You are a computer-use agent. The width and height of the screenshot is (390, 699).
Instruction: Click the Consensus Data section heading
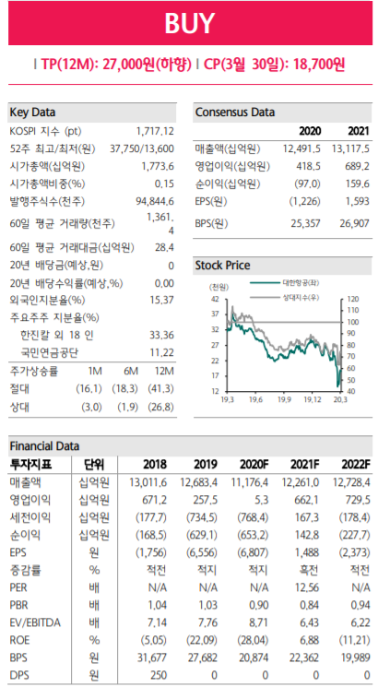tap(235, 113)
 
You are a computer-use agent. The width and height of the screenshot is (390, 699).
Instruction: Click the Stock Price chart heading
tap(222, 266)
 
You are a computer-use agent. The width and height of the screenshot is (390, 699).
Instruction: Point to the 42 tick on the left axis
tap(214, 300)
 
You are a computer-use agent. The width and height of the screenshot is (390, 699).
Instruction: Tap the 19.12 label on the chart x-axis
tap(313, 399)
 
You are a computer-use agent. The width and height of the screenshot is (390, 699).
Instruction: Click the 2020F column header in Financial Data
tap(251, 463)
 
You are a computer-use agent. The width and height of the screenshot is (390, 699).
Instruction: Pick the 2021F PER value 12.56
tap(301, 586)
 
